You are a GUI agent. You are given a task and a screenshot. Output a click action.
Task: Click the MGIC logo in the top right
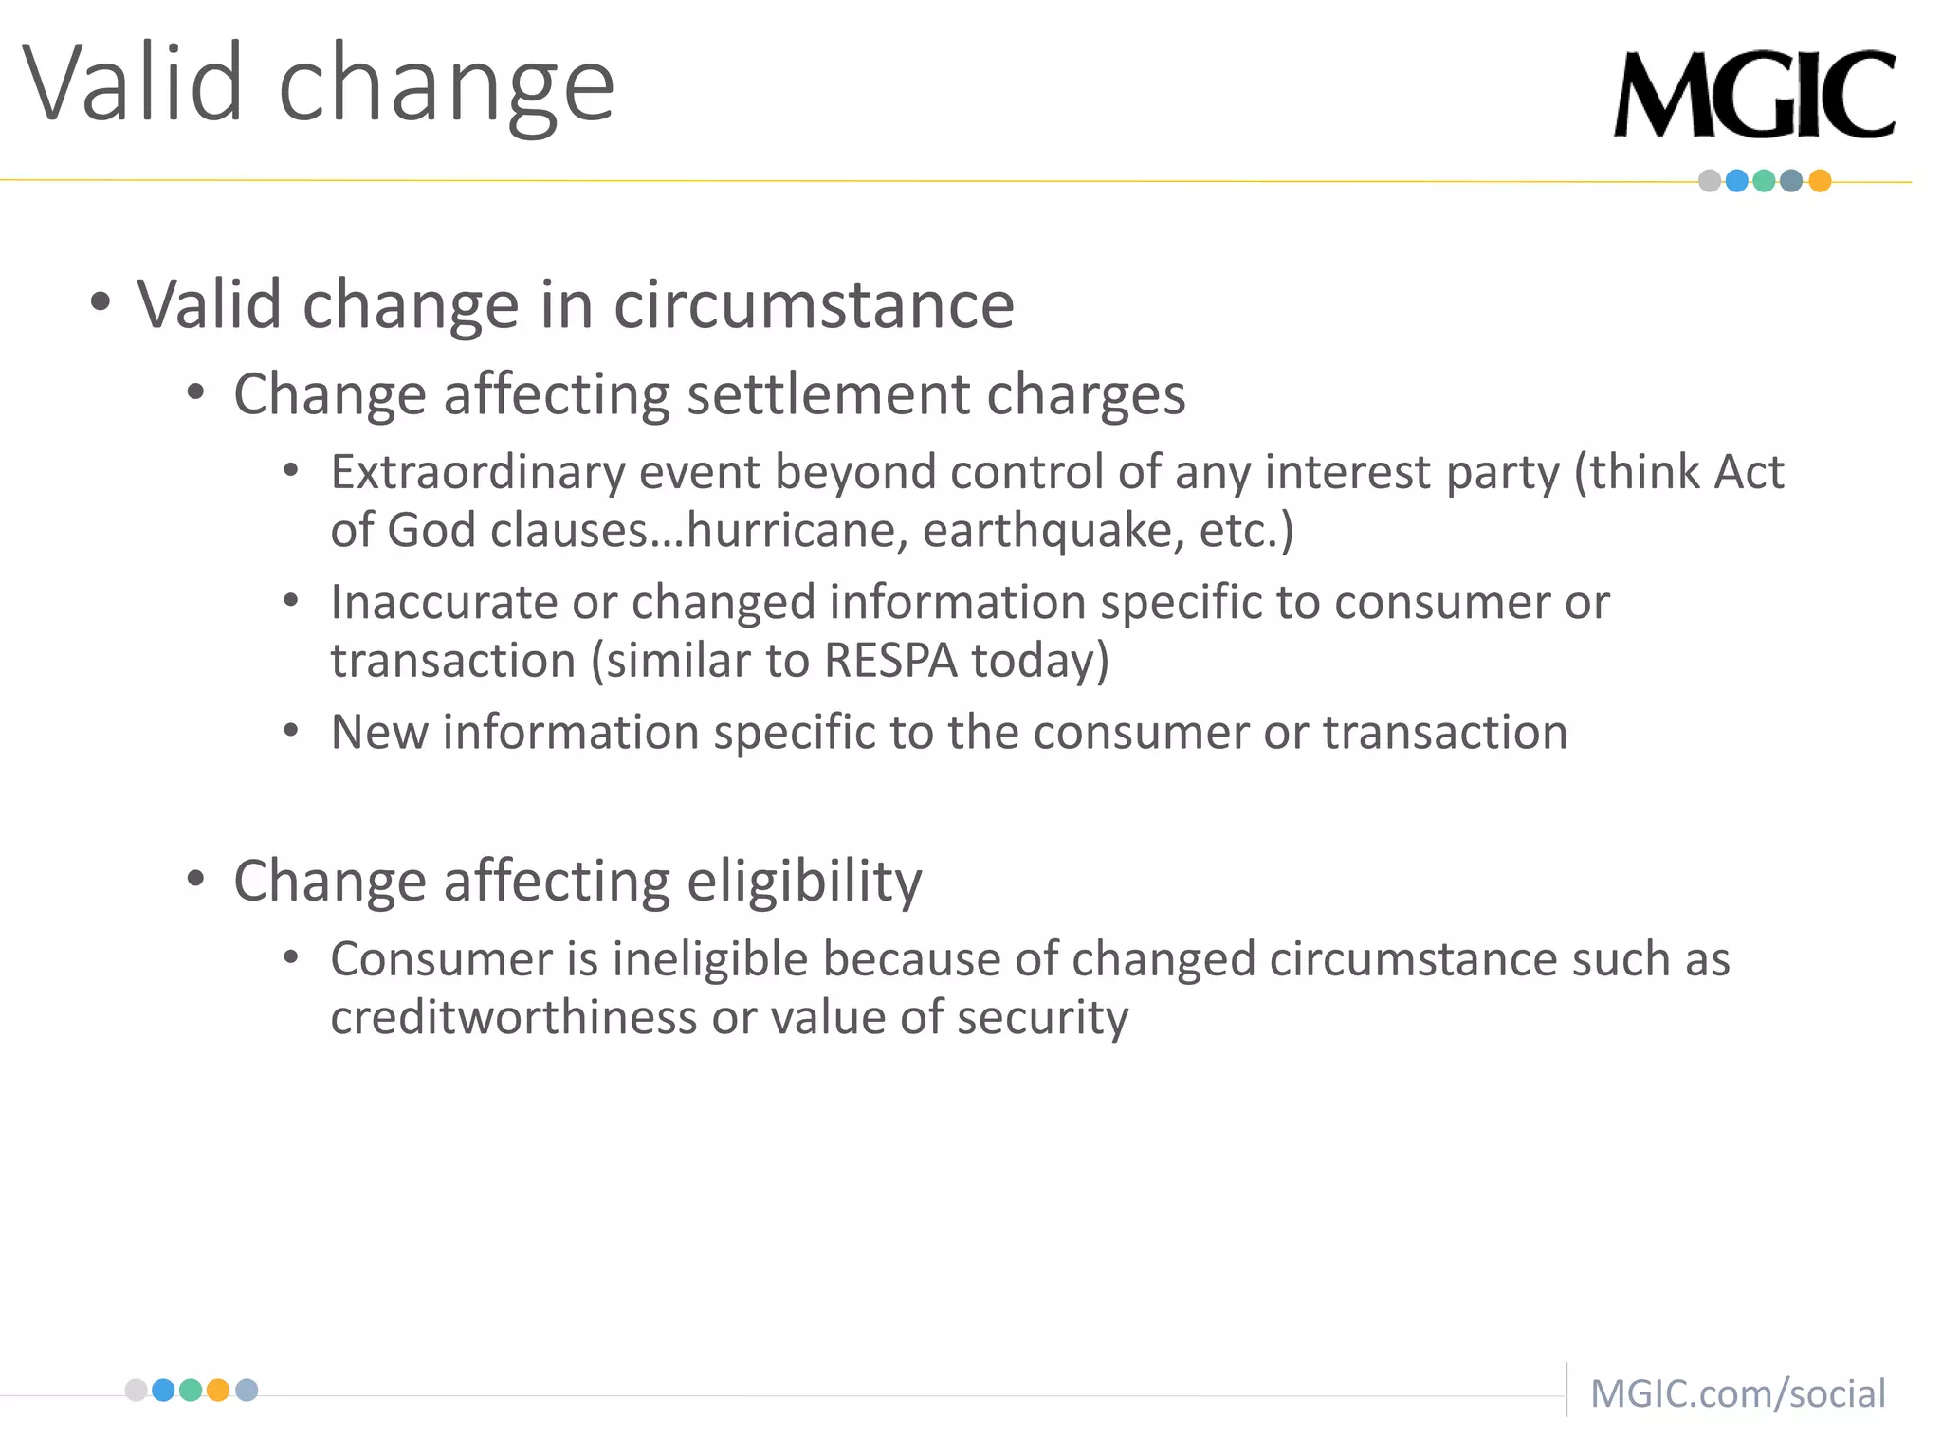(x=1754, y=95)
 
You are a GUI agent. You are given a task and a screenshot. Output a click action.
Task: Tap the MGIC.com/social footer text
(x=1737, y=1393)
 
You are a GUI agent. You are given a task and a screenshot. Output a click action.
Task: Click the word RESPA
(x=890, y=660)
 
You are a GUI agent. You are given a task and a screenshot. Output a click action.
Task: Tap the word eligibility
(x=804, y=881)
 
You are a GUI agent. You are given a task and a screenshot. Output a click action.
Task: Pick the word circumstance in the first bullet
(x=814, y=305)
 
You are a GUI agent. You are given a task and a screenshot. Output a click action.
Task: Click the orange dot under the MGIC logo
(x=1820, y=181)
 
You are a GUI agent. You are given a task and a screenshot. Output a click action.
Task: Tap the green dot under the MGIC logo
(x=1764, y=181)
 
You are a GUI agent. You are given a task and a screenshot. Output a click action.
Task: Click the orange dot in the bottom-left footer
(x=218, y=1390)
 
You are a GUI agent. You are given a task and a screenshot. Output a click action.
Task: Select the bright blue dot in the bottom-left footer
(x=163, y=1390)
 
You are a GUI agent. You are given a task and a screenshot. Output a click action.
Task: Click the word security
(x=1042, y=1017)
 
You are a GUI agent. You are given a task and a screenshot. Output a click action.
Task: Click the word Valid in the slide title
(x=133, y=85)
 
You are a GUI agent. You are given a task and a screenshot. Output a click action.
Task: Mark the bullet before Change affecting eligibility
(x=196, y=880)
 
